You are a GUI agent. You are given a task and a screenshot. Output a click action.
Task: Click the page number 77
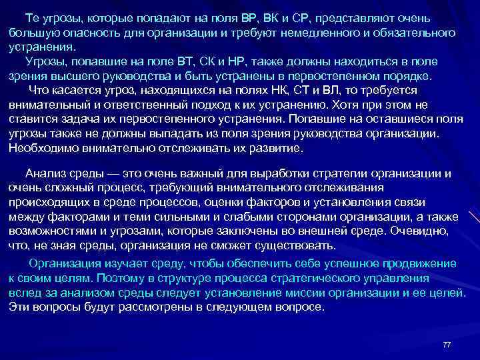pyautogui.click(x=447, y=345)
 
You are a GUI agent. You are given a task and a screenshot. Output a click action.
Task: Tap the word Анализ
pyautogui.click(x=44, y=174)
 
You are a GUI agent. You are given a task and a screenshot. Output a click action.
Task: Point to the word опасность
pyautogui.click(x=81, y=33)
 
